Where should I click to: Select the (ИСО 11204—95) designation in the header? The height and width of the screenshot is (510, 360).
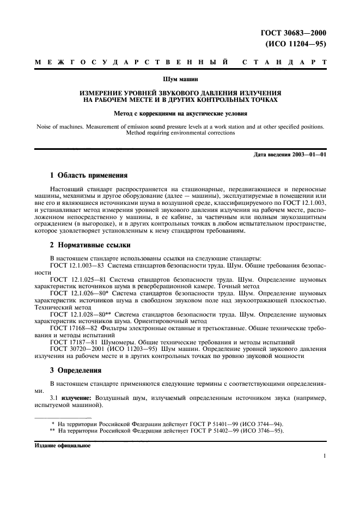[x=296, y=45]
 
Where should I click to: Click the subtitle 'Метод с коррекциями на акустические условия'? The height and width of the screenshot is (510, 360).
[x=180, y=114]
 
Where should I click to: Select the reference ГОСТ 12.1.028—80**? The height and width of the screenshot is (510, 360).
[x=80, y=314]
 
